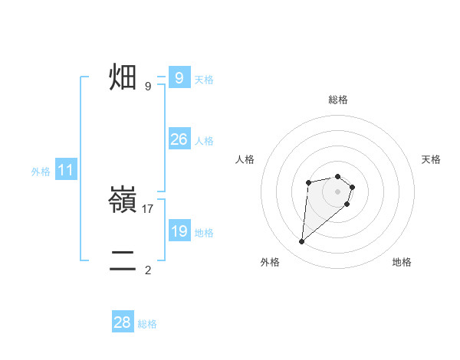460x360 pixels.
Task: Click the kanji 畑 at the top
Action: [123, 77]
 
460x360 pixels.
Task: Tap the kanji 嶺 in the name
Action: [123, 201]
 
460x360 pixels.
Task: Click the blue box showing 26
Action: [179, 139]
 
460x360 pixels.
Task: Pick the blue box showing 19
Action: [179, 231]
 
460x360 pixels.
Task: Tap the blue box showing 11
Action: [65, 171]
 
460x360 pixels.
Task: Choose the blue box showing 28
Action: [123, 322]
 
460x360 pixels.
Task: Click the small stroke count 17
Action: [148, 208]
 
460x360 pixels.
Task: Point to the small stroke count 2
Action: [148, 270]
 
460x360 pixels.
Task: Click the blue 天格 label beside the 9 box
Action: [204, 80]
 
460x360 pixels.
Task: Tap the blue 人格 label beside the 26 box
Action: [204, 141]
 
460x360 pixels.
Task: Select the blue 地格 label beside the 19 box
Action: [204, 233]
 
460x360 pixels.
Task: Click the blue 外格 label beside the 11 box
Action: [41, 172]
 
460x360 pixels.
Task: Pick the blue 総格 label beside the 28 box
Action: [148, 324]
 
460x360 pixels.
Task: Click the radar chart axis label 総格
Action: [338, 100]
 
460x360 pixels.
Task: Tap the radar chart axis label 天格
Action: [432, 159]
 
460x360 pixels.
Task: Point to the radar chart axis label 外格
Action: [270, 262]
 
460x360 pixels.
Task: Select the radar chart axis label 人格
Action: [245, 159]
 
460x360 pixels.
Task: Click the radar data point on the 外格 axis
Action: [301, 242]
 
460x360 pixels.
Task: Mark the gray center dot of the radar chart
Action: [338, 191]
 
